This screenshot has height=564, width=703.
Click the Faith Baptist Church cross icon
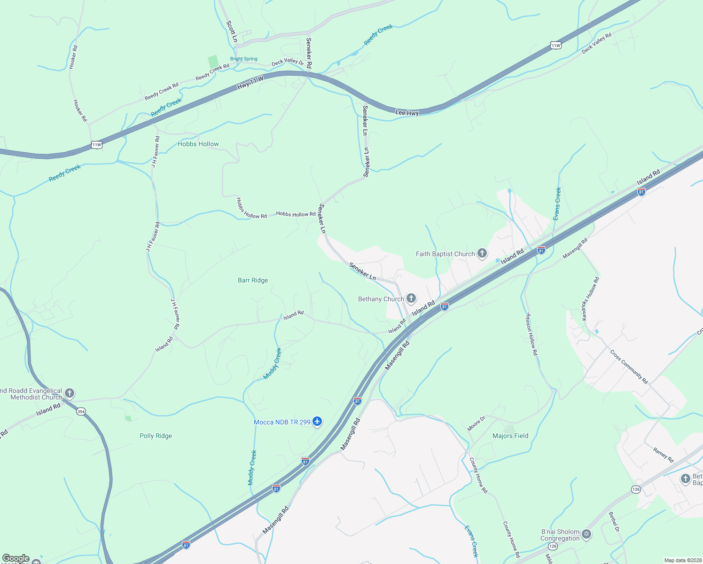pos(482,254)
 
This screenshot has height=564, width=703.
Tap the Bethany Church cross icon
pos(411,298)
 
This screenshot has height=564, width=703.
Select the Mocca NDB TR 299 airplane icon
pos(317,422)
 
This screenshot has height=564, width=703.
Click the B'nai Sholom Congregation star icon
pos(586,534)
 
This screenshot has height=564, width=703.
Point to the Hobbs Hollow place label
pos(198,144)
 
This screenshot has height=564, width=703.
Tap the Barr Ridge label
pos(253,280)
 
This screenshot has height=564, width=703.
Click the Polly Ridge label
pos(156,436)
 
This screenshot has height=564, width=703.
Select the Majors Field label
pos(510,436)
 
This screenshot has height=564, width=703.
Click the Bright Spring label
pos(244,59)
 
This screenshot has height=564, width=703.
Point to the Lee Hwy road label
pos(407,113)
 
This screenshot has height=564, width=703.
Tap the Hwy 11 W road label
pos(250,83)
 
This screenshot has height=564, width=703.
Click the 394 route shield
pos(81,411)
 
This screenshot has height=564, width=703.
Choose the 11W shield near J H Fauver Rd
pos(96,145)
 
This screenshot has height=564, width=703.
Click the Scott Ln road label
pos(232,31)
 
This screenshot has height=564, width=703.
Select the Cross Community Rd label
pos(629,367)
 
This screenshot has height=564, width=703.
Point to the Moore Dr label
pos(476,423)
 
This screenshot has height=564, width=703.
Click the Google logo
pos(16,558)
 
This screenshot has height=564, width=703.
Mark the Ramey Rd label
pos(664,455)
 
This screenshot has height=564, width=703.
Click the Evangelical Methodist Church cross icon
pos(70,393)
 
